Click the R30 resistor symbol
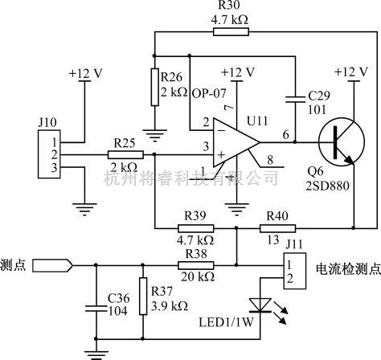tap(231, 32)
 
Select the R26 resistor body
tap(154, 87)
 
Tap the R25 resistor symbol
tap(125, 155)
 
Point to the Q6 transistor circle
tap(342, 142)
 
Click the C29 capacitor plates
tap(295, 100)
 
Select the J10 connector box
tap(49, 154)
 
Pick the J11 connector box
tap(295, 271)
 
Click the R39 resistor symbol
tap(196, 228)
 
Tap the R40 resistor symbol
tap(278, 228)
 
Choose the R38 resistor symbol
tap(196, 265)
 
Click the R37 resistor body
tap(143, 296)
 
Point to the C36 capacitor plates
tap(96, 309)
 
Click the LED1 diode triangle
tap(260, 305)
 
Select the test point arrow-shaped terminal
tap(52, 265)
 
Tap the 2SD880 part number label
tap(328, 186)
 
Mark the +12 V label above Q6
tap(351, 72)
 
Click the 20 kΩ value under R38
tap(198, 276)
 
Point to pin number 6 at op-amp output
tap(286, 134)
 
